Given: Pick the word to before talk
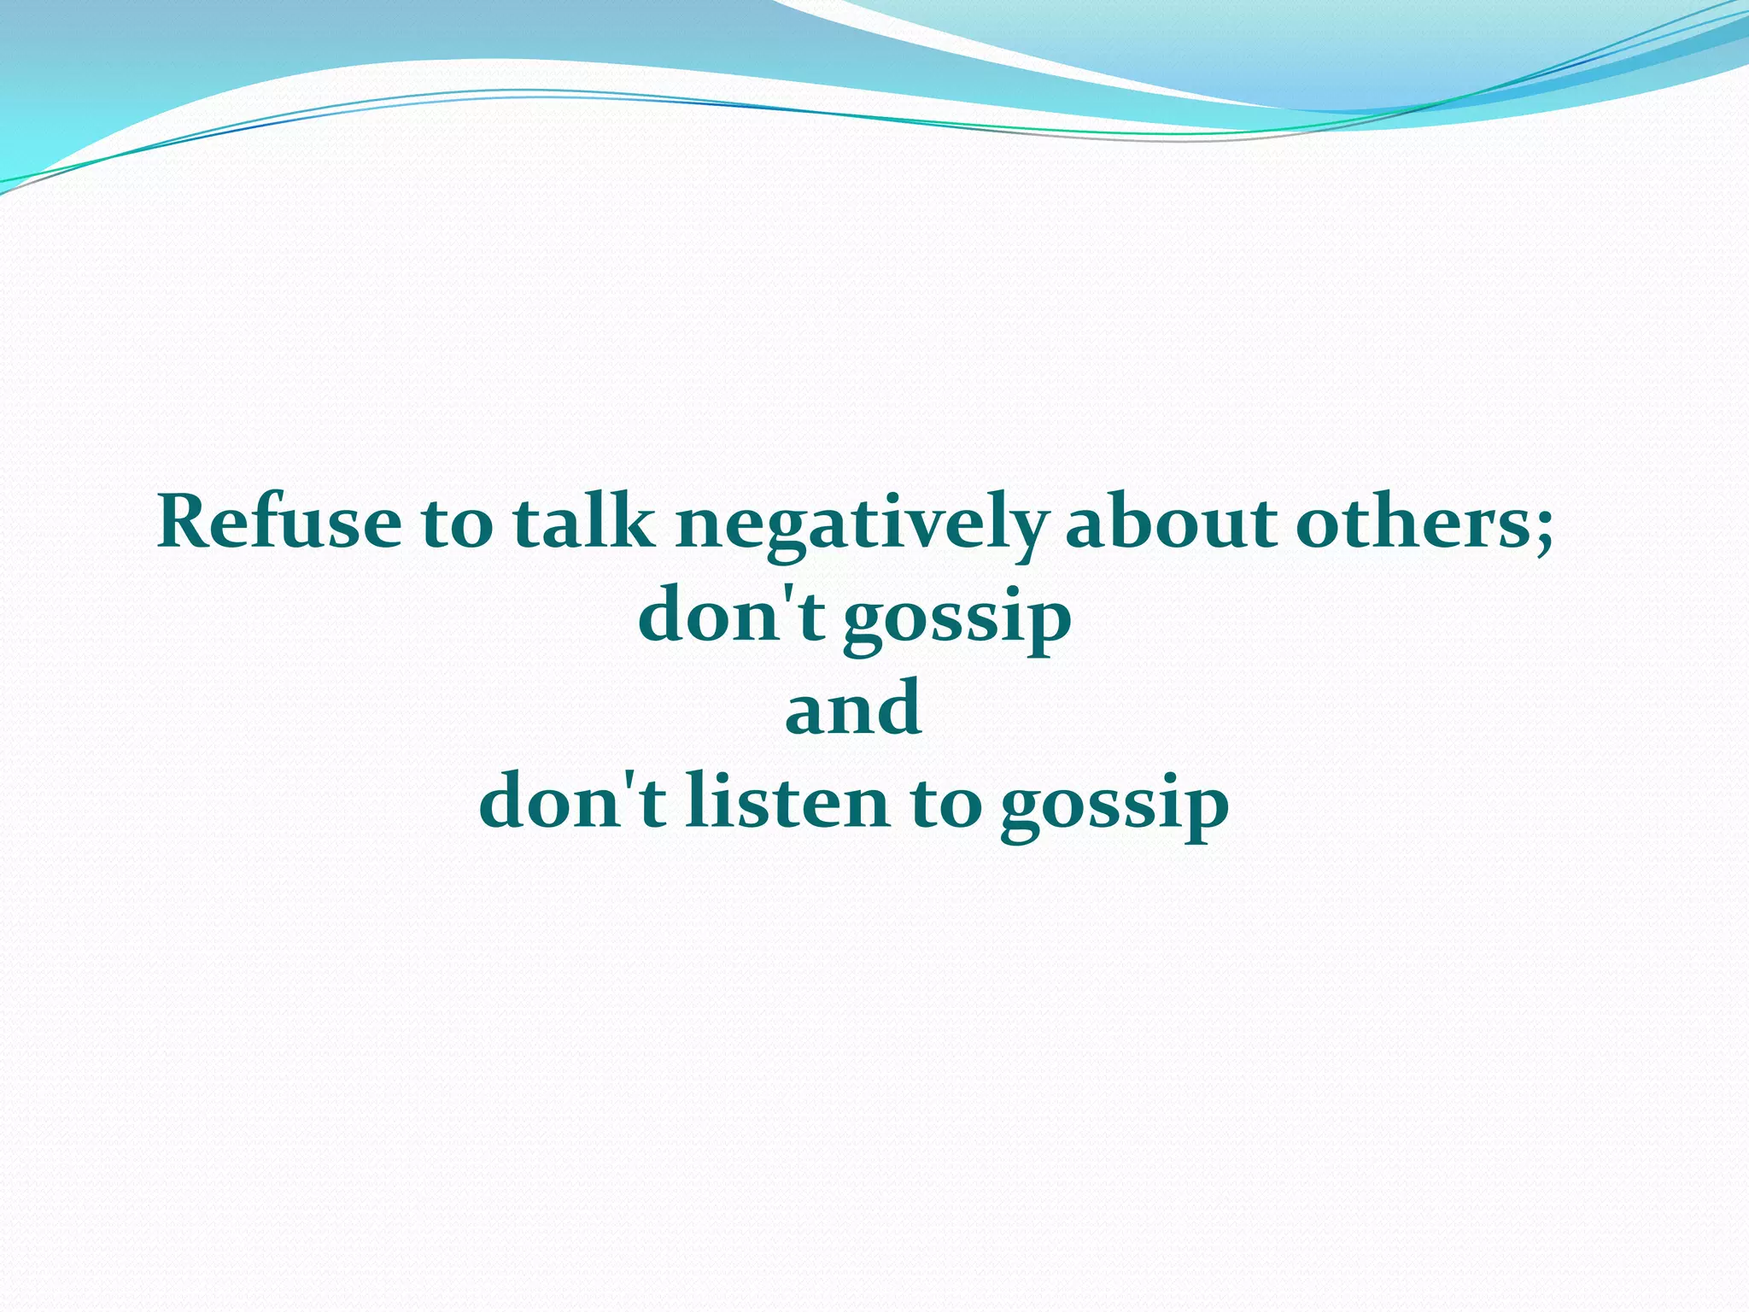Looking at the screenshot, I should (x=457, y=523).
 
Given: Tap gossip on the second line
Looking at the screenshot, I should (x=957, y=621).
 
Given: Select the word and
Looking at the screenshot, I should (x=853, y=708).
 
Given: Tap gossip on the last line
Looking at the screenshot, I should (x=1114, y=807).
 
